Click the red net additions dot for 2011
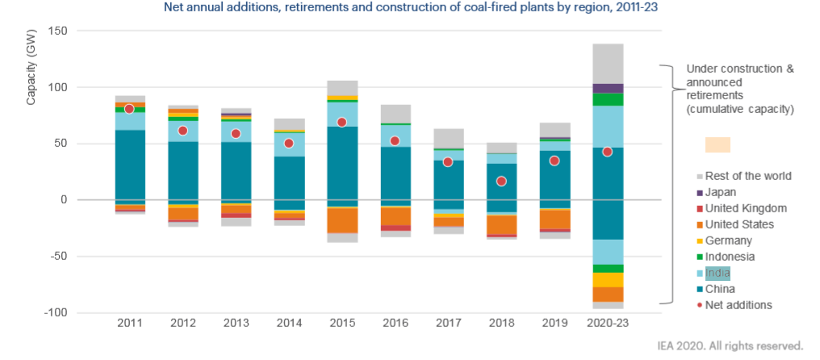pos(130,109)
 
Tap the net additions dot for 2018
pos(501,181)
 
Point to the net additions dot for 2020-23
pos(607,152)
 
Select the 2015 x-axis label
pos(342,323)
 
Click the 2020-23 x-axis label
pos(607,323)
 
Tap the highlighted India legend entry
pos(717,273)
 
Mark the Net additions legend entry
pos(738,305)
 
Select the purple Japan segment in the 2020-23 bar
pos(607,88)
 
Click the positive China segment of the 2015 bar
pos(342,165)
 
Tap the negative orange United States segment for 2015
pos(342,220)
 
